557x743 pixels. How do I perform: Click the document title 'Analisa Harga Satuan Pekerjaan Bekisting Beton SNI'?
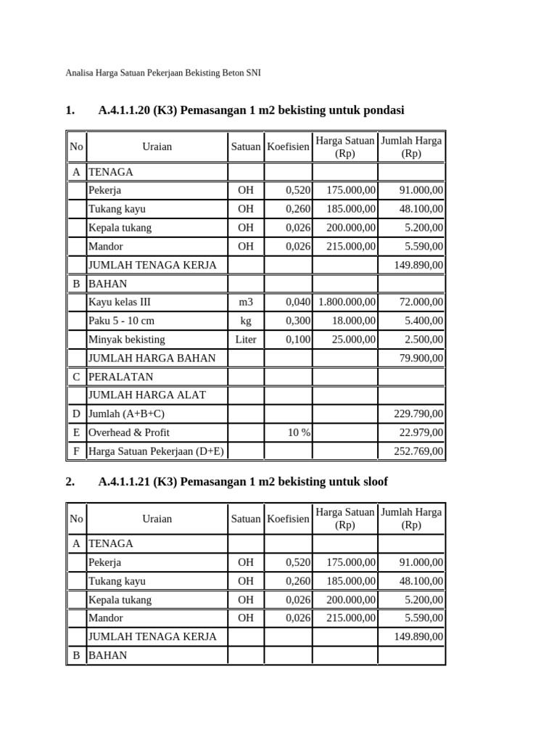163,73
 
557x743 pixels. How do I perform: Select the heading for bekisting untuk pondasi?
251,110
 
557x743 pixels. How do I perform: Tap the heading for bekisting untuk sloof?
247,482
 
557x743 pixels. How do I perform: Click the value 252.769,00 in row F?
419,451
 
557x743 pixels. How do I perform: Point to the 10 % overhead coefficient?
298,432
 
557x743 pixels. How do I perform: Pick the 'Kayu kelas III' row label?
120,302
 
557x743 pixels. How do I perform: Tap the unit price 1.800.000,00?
347,302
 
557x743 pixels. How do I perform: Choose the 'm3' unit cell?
246,302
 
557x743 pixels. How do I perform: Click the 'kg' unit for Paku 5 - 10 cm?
246,321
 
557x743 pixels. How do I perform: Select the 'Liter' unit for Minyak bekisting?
246,340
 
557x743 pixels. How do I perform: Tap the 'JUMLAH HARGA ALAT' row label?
147,395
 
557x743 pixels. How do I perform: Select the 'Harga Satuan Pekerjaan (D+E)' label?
156,451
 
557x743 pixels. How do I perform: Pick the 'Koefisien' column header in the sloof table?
288,519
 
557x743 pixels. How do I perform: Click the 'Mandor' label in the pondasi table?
106,246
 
